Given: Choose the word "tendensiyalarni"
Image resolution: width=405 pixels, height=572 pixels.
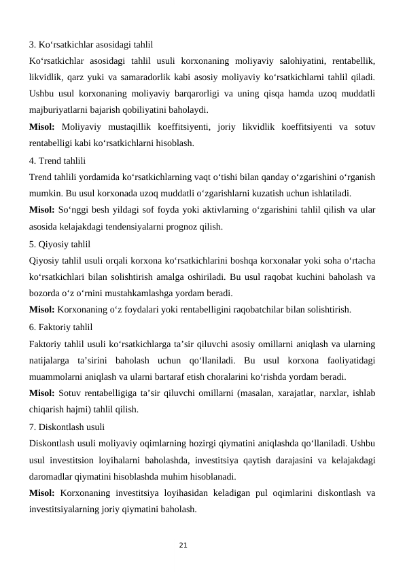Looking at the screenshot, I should pos(130,227).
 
